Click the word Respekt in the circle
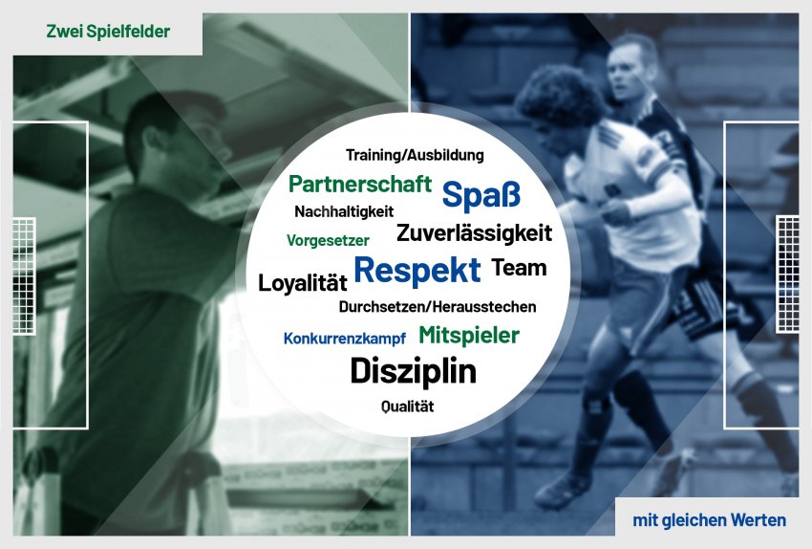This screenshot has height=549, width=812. [417, 271]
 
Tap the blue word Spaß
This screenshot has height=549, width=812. [481, 195]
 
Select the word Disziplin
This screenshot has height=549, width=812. [414, 372]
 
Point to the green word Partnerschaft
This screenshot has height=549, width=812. [360, 184]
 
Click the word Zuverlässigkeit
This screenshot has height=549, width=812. [475, 232]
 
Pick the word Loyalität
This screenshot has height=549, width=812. [303, 283]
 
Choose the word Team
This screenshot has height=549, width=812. [519, 268]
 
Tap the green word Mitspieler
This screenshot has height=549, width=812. [469, 336]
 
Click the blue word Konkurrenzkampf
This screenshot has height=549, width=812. [344, 339]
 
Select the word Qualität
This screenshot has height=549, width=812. [408, 406]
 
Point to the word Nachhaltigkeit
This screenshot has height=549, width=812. [344, 211]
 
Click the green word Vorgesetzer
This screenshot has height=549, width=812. [328, 240]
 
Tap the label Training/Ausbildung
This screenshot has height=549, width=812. [415, 155]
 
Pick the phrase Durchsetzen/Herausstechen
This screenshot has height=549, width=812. [438, 307]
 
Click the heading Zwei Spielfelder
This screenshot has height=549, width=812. [108, 32]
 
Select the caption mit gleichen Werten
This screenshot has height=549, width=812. [710, 520]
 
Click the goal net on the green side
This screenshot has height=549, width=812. [24, 275]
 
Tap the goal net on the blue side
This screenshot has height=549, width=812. [787, 274]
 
